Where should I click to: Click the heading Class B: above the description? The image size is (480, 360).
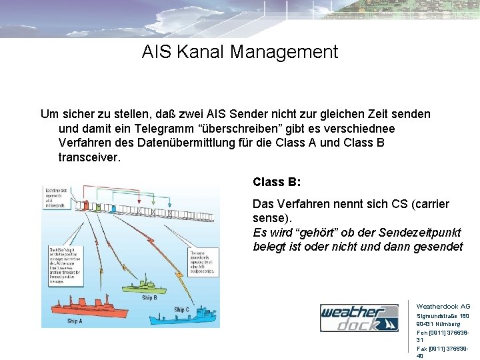click(x=277, y=181)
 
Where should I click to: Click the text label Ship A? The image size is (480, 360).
click(x=75, y=321)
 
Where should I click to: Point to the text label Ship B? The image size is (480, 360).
click(x=149, y=297)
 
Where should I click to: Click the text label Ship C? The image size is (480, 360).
click(x=181, y=309)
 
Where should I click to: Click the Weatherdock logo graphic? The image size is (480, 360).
click(x=359, y=318)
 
